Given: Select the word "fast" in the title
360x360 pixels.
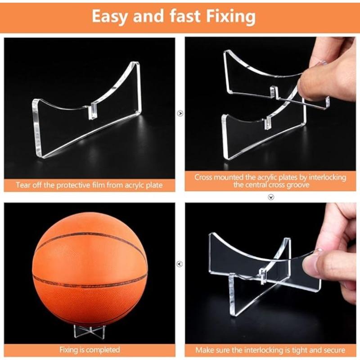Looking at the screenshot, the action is click(185, 16).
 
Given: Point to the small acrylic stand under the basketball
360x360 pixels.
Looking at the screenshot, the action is click(90, 331).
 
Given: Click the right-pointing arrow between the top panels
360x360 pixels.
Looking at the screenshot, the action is click(180, 113).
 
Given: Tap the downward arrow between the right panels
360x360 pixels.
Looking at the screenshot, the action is click(271, 197).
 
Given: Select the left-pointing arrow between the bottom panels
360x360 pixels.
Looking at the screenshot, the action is click(180, 264).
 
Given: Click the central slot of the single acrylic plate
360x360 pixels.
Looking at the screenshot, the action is click(93, 111).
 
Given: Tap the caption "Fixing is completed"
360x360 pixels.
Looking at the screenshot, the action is click(90, 350).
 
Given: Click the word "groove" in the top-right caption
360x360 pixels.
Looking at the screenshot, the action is click(297, 184).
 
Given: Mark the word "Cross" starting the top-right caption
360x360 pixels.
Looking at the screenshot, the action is click(203, 177).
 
